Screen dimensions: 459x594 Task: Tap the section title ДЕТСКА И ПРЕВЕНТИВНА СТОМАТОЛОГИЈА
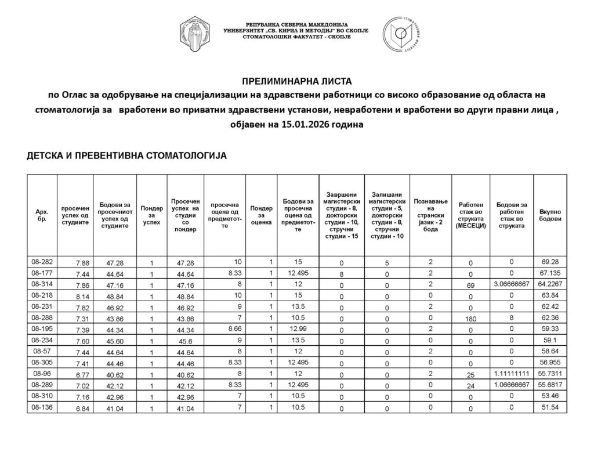pyautogui.click(x=126, y=156)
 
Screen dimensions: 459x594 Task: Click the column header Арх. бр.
pyautogui.click(x=42, y=216)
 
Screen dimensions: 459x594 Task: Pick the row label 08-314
pyautogui.click(x=42, y=284)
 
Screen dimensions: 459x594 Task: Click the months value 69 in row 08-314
pyautogui.click(x=470, y=285)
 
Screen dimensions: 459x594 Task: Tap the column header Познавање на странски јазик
pyautogui.click(x=430, y=216)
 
